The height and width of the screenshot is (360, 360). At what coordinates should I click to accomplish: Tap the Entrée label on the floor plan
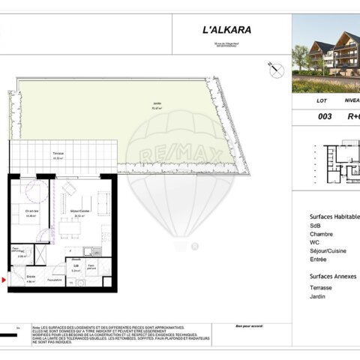coord(31,276)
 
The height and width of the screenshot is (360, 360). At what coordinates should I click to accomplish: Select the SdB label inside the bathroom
coord(76,265)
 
